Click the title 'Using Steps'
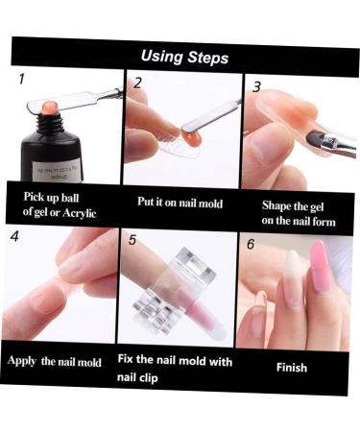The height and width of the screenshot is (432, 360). tap(184, 58)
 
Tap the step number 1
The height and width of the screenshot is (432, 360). tap(21, 80)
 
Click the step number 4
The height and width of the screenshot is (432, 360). tap(14, 236)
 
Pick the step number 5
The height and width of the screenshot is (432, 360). tap(132, 241)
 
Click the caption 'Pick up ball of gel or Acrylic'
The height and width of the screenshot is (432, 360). tap(59, 204)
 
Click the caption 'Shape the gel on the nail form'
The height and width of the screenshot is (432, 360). tap(299, 212)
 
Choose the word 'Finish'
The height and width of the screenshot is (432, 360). tap(292, 367)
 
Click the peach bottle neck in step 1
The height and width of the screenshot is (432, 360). tap(48, 108)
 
